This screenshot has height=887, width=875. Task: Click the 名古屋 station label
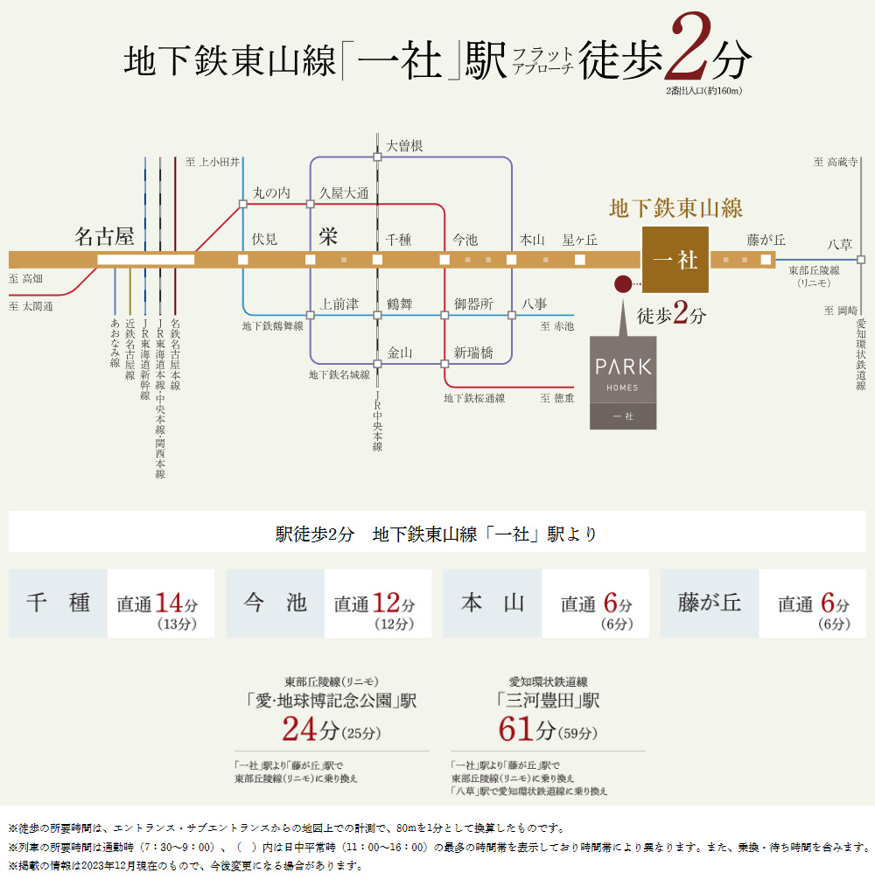click(x=104, y=236)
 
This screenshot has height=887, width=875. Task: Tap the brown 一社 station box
click(x=675, y=260)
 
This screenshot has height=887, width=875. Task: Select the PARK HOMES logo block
click(x=623, y=383)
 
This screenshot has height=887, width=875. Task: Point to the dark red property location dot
click(x=623, y=283)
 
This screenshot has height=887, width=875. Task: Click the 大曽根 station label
click(x=404, y=146)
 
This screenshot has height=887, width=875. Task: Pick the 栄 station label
click(x=328, y=236)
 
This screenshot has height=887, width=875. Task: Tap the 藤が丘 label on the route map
click(x=766, y=240)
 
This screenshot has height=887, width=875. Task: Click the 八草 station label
click(x=839, y=244)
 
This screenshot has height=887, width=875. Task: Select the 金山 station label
click(x=400, y=353)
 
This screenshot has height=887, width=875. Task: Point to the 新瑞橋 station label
click(x=473, y=353)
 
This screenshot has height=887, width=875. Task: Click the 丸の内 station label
click(x=271, y=193)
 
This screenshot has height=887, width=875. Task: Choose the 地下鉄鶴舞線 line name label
click(x=273, y=325)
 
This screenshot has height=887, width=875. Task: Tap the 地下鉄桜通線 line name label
click(x=474, y=398)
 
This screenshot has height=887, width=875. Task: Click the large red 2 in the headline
click(x=688, y=47)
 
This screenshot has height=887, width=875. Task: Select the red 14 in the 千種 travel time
click(x=169, y=603)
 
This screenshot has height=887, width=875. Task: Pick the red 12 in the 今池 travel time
click(x=386, y=603)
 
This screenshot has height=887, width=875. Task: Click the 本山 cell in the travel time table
click(x=493, y=603)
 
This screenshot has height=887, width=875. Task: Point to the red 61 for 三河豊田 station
click(x=516, y=729)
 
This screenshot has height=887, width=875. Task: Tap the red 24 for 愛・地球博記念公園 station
click(x=299, y=729)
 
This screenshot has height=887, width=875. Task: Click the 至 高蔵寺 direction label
click(x=836, y=163)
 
